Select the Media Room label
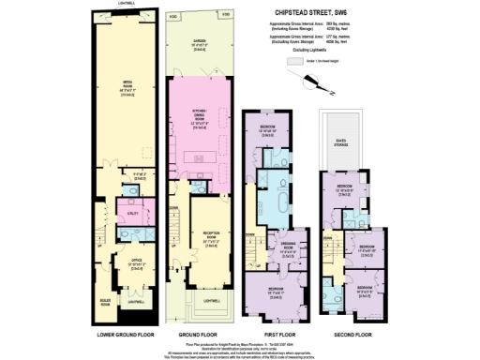click(126, 82)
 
